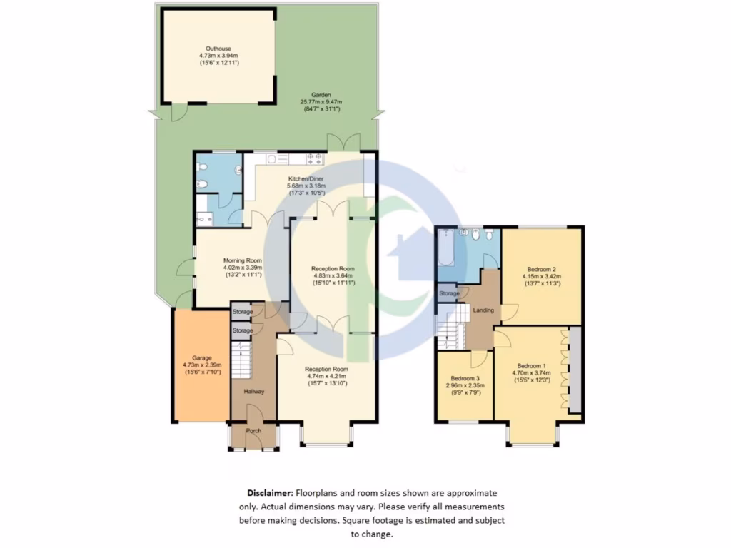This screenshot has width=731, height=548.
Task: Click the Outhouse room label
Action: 218,47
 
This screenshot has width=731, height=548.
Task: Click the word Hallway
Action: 254,392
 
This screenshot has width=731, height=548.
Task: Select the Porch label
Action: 253,431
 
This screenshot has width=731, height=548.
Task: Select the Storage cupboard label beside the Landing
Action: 449,293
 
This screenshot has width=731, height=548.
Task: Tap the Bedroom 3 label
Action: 464,378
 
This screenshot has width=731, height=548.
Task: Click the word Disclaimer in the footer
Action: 269,493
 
